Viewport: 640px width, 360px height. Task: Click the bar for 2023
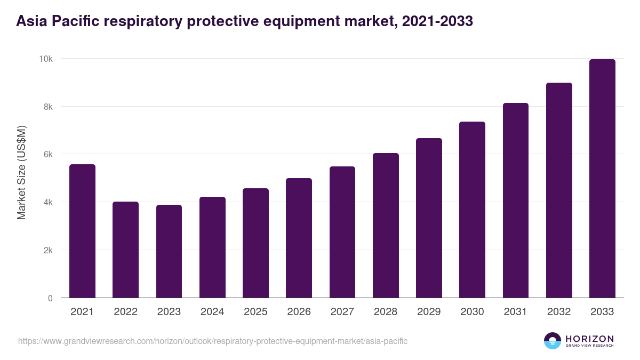tap(169, 251)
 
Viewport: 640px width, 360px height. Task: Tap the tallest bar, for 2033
tap(602, 179)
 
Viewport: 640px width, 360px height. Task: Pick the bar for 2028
tap(386, 226)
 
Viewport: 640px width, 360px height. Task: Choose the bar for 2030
tap(472, 210)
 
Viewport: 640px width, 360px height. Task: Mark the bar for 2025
tap(255, 243)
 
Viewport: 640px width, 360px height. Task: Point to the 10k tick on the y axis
tap(46, 59)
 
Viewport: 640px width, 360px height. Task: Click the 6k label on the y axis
tap(47, 154)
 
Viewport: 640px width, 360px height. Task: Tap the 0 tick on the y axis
tap(50, 298)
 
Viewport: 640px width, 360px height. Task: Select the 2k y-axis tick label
tap(47, 250)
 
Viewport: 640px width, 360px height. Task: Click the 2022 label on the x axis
tap(125, 312)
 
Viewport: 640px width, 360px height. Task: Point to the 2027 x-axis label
tap(342, 312)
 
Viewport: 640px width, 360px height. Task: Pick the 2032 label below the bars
tap(559, 312)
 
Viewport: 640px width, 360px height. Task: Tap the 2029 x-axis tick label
tap(429, 312)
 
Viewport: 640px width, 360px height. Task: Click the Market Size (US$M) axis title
tap(21, 172)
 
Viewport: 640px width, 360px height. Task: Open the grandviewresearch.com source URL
tap(213, 341)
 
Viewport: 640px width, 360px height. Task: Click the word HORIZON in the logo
tap(589, 338)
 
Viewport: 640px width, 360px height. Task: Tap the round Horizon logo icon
tap(553, 341)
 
